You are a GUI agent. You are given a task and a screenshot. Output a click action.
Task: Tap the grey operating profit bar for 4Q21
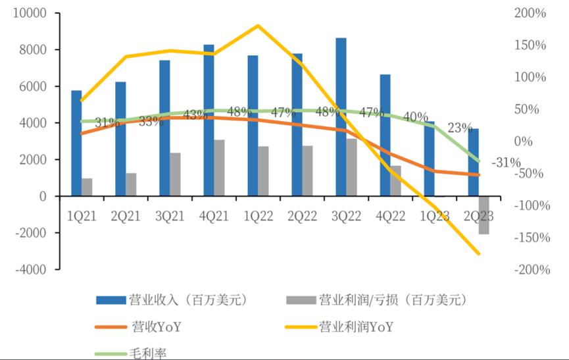[219, 168]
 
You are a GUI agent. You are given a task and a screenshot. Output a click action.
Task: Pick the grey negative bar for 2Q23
[483, 215]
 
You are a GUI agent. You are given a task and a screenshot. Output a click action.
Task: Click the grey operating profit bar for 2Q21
[131, 185]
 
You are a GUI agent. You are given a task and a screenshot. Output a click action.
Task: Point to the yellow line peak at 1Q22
[257, 26]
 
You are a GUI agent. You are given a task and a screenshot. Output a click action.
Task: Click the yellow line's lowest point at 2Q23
[478, 253]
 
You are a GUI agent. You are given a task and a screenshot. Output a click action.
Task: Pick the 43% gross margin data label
[195, 115]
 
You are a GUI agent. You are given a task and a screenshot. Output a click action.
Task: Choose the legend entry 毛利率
[147, 354]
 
